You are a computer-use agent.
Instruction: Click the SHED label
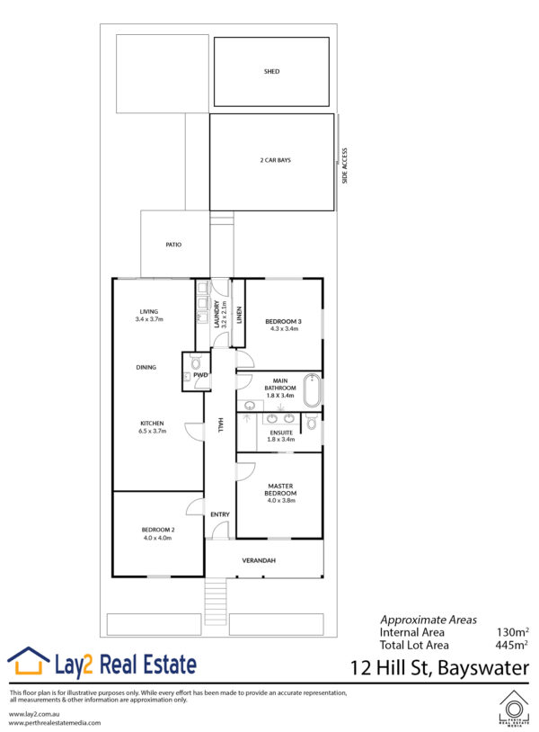[271, 71]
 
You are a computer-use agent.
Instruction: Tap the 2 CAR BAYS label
[275, 160]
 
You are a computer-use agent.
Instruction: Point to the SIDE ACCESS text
[345, 165]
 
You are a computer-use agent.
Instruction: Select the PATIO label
[173, 245]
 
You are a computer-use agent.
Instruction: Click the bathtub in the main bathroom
[312, 391]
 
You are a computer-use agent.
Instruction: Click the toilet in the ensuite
[312, 423]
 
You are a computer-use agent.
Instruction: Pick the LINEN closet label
[239, 315]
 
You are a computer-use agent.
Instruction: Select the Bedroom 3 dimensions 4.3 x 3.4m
[284, 328]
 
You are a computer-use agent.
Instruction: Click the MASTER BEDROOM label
[280, 489]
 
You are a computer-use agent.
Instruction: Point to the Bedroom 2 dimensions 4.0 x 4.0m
[157, 538]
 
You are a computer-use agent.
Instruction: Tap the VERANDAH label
[259, 560]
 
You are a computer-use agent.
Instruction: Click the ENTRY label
[220, 514]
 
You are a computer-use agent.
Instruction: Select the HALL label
[221, 424]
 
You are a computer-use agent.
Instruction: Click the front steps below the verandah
[216, 601]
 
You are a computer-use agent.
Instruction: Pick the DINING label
[146, 368]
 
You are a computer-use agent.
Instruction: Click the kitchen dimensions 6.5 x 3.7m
[152, 431]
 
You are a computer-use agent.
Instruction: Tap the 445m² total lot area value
[511, 645]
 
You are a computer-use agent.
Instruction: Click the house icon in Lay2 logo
[29, 661]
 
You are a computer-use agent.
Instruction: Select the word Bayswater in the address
[483, 668]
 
